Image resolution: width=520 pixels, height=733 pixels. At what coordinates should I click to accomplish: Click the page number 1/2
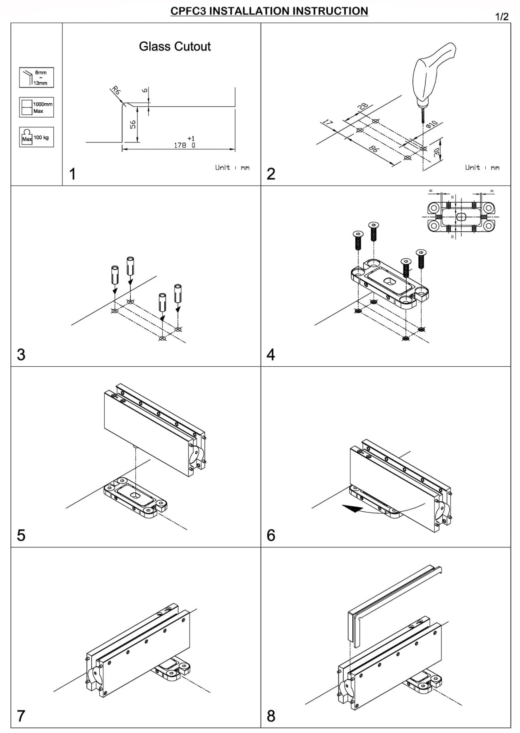click(x=501, y=17)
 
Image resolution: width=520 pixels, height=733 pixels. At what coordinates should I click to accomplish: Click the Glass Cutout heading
click(x=175, y=46)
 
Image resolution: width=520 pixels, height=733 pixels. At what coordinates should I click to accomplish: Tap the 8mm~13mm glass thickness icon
click(x=36, y=77)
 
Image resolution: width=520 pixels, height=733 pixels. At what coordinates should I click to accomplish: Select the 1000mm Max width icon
click(x=36, y=107)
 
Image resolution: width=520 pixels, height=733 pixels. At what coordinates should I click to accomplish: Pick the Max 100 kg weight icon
click(x=36, y=137)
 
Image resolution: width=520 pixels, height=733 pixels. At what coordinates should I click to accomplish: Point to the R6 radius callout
click(x=116, y=91)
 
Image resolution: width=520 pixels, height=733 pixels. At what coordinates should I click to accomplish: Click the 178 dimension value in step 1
click(x=180, y=145)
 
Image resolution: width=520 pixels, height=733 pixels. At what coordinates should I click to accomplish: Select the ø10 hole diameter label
click(x=431, y=124)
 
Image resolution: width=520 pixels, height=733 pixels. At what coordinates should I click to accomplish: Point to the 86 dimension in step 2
click(x=373, y=148)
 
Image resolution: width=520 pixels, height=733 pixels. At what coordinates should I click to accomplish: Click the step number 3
click(x=21, y=355)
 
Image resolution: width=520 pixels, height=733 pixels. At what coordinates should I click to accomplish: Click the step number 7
click(x=21, y=716)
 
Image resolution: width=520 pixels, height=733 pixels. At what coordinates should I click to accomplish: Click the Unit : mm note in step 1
click(x=232, y=167)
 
